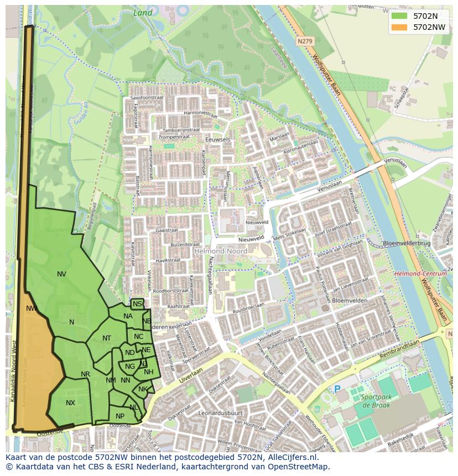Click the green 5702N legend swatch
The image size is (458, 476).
(x=398, y=16)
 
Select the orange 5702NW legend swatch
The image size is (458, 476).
(x=398, y=27)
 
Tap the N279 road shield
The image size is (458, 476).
(x=304, y=41)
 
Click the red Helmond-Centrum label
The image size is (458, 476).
(x=420, y=274)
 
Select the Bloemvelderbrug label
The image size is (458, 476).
(x=406, y=243)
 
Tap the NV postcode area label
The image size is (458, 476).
(x=61, y=274)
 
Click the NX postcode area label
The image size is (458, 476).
(x=70, y=403)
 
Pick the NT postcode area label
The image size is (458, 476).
(x=107, y=338)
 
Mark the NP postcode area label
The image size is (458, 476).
(x=120, y=416)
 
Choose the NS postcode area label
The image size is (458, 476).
(x=137, y=304)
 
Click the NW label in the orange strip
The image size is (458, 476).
(x=32, y=308)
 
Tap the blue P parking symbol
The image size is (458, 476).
(x=337, y=389)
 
